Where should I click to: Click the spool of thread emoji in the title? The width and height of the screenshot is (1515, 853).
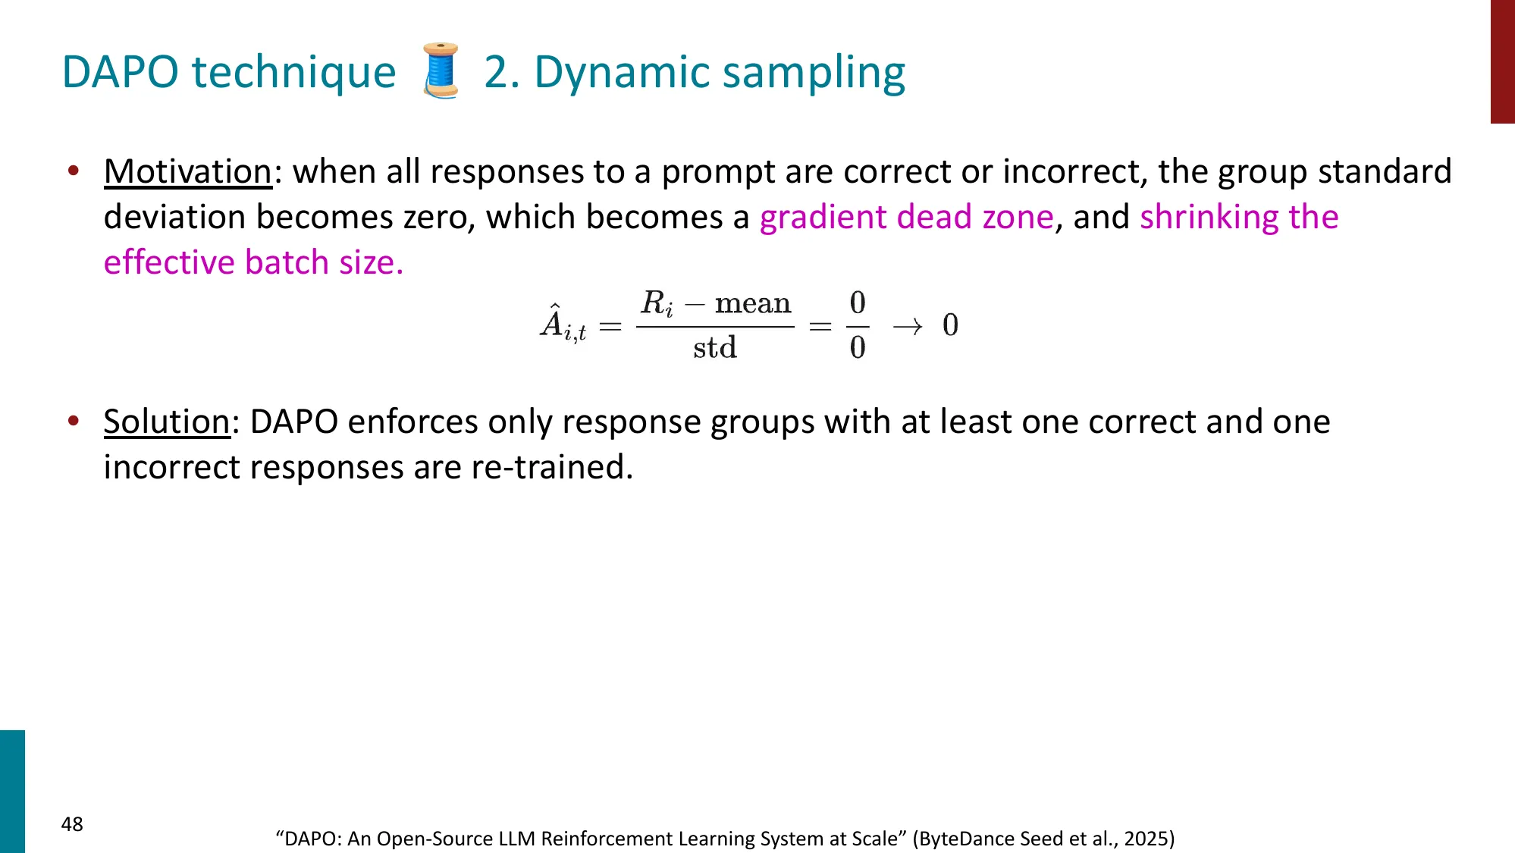pos(441,71)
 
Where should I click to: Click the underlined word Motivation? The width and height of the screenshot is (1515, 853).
pos(187,171)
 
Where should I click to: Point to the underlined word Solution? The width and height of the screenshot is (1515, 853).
pos(166,422)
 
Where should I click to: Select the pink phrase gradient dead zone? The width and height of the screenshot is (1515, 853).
pos(906,217)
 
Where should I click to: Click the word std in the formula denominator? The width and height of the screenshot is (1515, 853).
pos(714,348)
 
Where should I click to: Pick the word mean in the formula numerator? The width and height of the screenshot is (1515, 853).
pos(752,303)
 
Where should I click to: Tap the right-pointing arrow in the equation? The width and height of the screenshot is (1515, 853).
pos(907,327)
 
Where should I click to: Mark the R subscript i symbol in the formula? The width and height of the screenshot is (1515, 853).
pos(656,303)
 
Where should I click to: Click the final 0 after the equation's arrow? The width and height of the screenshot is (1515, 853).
pos(950,325)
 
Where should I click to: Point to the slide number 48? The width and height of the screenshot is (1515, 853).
pos(72,824)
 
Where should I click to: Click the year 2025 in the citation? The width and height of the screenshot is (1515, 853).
pos(1146,839)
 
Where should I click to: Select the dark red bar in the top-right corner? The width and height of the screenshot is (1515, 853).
pos(1502,61)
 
